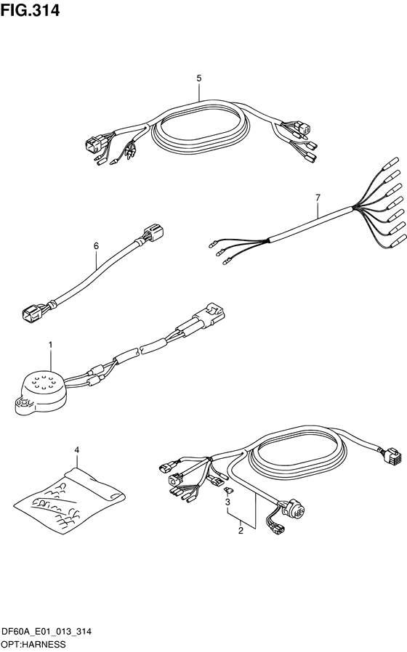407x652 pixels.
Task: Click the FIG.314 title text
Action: [30, 9]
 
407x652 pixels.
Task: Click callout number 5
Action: [199, 78]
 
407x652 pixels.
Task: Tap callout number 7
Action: [318, 198]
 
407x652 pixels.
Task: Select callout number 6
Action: [96, 246]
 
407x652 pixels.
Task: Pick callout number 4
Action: [76, 450]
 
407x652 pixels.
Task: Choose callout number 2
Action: [241, 531]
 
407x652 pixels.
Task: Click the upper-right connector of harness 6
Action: [153, 232]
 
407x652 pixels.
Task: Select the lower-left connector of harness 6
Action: [31, 311]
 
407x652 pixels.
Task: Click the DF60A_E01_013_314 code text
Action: [46, 632]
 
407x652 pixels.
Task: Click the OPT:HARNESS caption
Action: [33, 645]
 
